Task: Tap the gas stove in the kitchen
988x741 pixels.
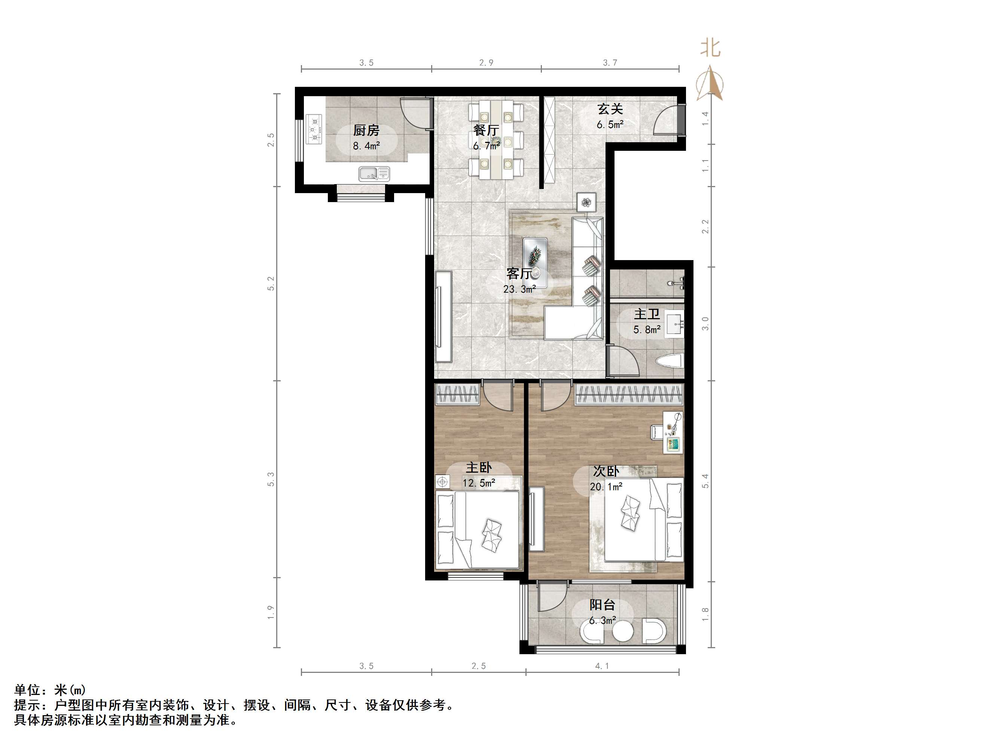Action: coord(314,129)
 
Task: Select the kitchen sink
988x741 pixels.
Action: coord(374,174)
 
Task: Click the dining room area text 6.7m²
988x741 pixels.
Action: coord(487,146)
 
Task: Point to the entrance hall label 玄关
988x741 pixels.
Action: coord(610,109)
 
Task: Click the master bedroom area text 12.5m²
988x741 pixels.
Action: coord(479,483)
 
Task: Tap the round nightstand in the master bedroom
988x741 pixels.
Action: coord(443,482)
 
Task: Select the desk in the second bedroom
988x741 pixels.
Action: coord(673,432)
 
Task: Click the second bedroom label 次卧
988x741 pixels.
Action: coord(606,471)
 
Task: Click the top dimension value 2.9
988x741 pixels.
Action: coord(486,63)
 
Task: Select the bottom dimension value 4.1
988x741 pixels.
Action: coord(602,666)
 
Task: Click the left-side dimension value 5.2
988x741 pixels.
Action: coord(271,284)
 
